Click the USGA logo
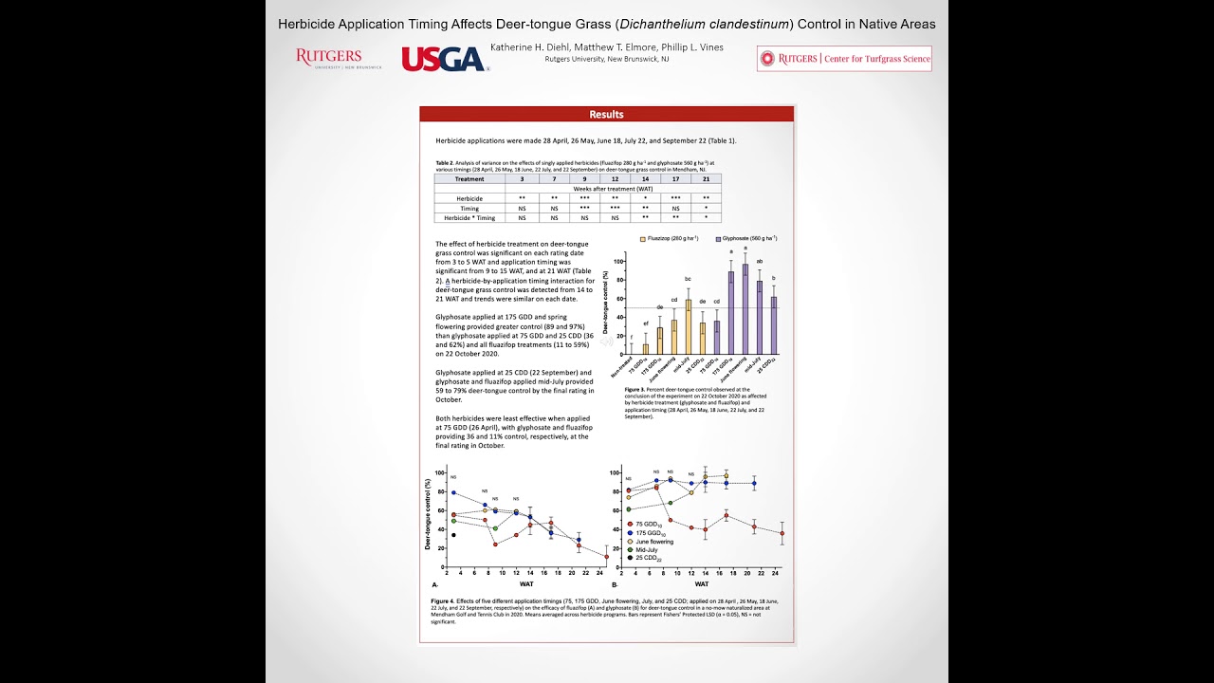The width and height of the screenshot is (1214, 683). tap(443, 59)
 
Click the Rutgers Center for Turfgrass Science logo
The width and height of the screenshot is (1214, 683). tap(844, 59)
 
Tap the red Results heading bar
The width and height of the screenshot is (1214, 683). tap(606, 115)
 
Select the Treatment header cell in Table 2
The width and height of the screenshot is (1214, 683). tap(469, 178)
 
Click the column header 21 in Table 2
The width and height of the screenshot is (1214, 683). tap(706, 178)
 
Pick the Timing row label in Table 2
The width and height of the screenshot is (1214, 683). tap(469, 208)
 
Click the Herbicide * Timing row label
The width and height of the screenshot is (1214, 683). tap(469, 217)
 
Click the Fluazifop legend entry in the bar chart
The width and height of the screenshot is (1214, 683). tap(671, 238)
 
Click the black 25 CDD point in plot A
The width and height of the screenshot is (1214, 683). tap(453, 535)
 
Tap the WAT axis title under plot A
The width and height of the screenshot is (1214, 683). tap(526, 584)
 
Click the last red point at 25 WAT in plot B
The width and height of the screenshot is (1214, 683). tap(782, 533)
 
